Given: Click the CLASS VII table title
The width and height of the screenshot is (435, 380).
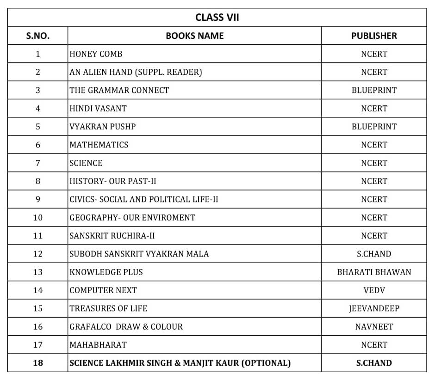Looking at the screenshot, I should pos(217,18).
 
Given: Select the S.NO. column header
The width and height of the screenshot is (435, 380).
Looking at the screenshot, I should pos(38,36).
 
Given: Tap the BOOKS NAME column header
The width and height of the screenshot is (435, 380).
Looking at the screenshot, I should pos(194,36).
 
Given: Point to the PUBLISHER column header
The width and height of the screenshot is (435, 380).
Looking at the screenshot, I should pos(374,36).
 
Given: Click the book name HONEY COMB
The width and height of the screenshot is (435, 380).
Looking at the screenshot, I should pos(96,54).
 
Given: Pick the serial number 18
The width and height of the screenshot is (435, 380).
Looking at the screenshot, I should pos(38,363).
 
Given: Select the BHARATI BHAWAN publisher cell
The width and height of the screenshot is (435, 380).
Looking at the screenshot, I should pos(374,272).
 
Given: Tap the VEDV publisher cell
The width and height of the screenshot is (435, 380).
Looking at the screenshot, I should pos(374,290).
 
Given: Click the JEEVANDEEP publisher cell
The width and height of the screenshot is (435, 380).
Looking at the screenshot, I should pos(374,308).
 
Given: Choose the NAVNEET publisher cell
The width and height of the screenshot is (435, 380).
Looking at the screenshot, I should pos(374,327).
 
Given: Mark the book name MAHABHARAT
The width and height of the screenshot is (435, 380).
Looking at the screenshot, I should pos(98,345).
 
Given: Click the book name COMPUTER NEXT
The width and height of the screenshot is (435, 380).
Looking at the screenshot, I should pos(103,290).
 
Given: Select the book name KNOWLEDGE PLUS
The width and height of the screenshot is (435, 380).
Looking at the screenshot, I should pos(106,272).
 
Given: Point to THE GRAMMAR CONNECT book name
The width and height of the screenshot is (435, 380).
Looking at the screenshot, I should pos(119,90).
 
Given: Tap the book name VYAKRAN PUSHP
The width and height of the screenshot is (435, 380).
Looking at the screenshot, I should pos(103,127).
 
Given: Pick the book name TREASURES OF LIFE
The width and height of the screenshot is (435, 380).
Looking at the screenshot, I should pos(108,308).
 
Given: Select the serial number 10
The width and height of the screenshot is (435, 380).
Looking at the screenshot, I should pos(38,218).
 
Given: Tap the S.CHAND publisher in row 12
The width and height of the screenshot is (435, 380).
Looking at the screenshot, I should pos(374,254).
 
